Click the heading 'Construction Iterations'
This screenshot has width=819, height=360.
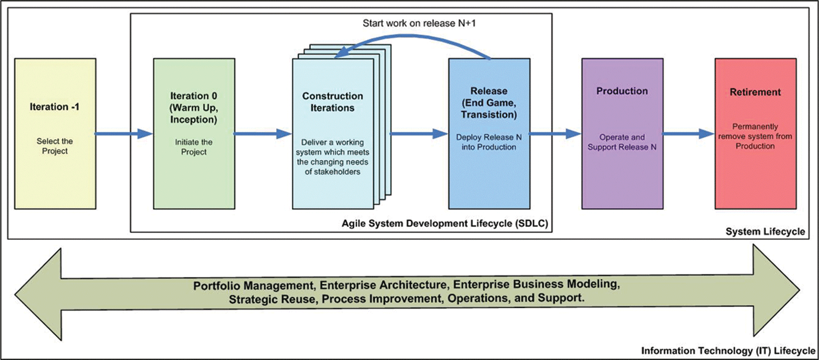(332, 102)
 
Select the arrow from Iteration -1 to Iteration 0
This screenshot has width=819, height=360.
(124, 134)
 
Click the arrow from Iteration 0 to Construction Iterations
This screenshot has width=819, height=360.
(263, 134)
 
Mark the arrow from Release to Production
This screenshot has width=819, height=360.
(555, 134)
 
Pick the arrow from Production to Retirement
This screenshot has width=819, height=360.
(688, 134)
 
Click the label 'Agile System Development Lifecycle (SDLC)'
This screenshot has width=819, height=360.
(444, 223)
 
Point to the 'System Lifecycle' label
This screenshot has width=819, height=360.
(765, 232)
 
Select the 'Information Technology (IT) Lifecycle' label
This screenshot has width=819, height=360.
(728, 350)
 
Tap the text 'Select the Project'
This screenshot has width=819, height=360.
(55, 146)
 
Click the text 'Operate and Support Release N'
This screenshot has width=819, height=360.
(622, 142)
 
